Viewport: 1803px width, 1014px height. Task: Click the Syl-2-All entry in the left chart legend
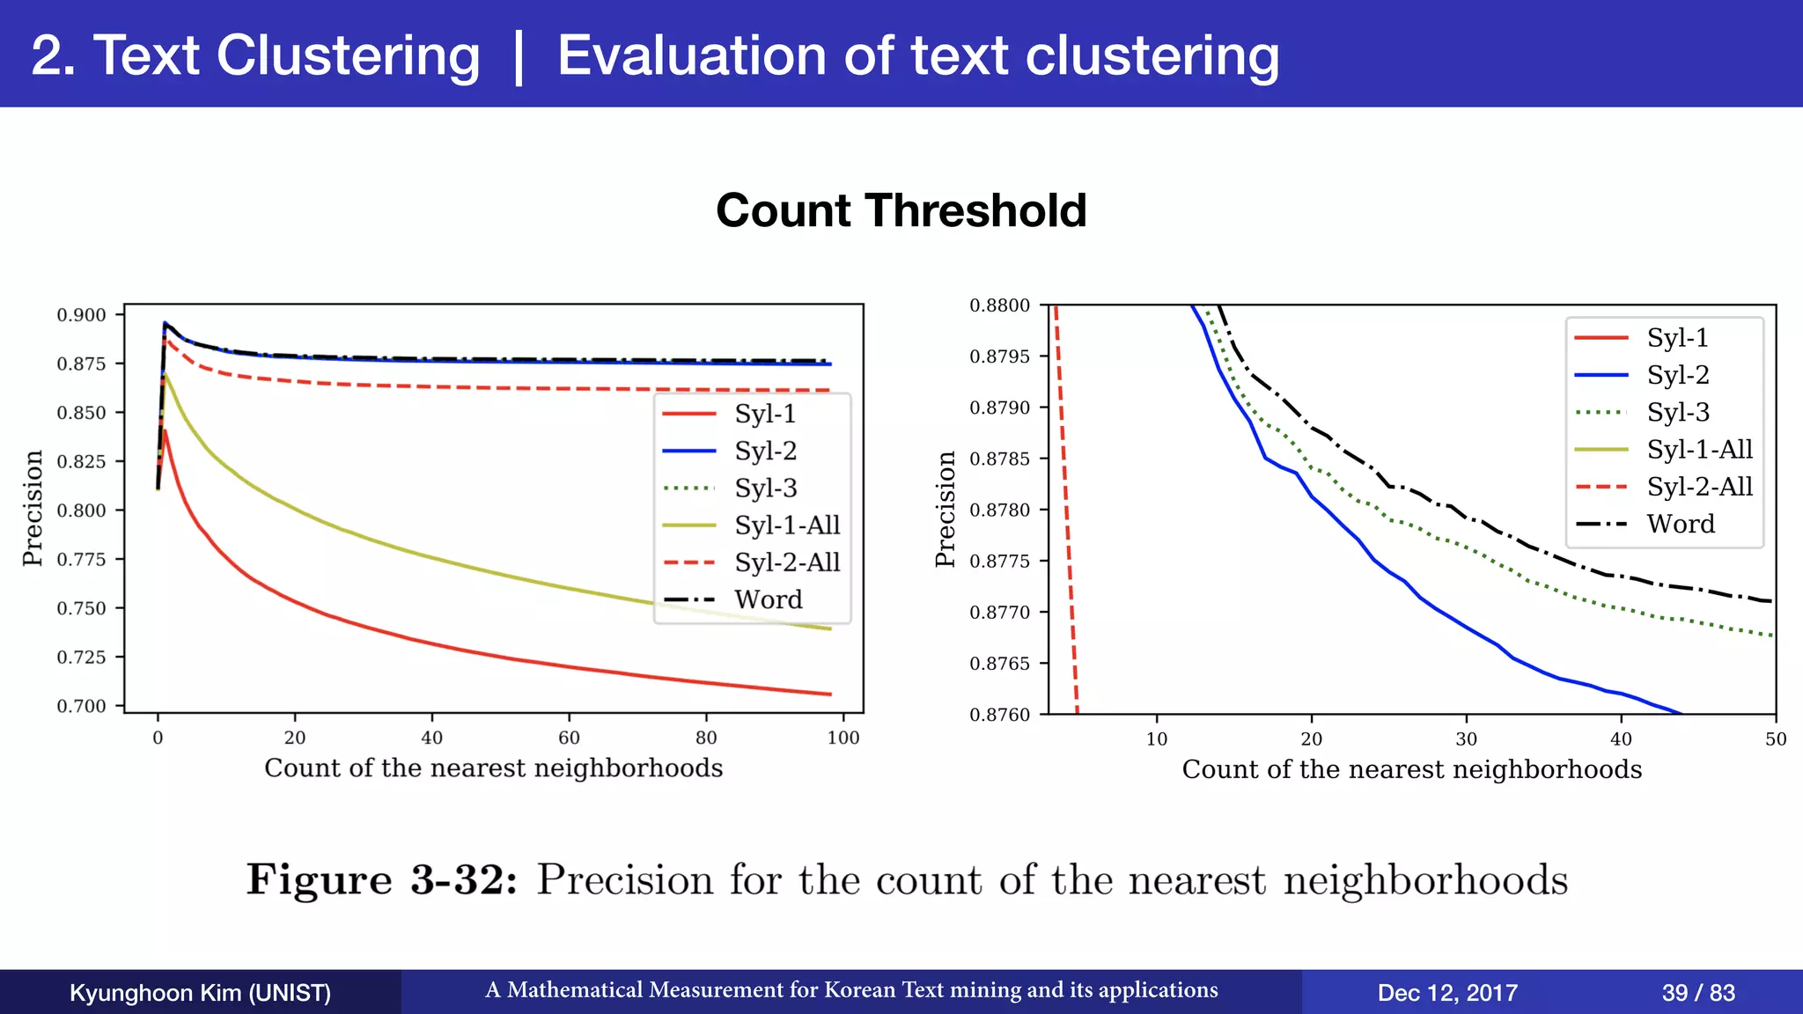[x=786, y=562]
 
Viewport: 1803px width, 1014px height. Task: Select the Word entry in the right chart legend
[x=1680, y=524]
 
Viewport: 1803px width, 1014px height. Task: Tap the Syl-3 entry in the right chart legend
[x=1677, y=412]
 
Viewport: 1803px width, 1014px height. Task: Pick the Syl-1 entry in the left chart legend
[x=764, y=413]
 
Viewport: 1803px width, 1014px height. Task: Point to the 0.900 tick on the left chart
[x=81, y=315]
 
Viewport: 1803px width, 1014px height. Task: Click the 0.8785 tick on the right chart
[x=999, y=459]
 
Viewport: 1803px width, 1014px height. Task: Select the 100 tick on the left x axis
[x=843, y=738]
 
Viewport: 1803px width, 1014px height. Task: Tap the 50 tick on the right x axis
[x=1775, y=739]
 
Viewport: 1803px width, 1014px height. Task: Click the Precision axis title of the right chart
[x=946, y=509]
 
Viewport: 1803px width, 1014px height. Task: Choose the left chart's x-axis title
[x=493, y=768]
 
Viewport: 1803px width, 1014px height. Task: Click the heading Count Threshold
[x=901, y=210]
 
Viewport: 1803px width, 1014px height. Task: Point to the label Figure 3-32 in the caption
[x=381, y=879]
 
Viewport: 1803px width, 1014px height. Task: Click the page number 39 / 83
[x=1697, y=993]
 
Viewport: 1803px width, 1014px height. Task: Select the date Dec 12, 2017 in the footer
[x=1446, y=993]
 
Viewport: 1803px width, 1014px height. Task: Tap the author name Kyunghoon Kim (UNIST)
[x=200, y=993]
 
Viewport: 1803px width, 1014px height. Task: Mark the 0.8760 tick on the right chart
[x=999, y=715]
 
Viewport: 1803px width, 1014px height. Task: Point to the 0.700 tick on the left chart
[x=81, y=706]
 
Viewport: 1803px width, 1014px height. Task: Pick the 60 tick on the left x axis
[x=569, y=738]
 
